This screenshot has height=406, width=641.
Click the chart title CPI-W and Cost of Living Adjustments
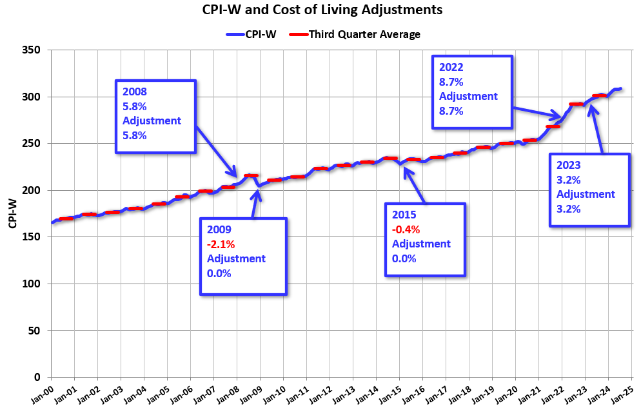320,10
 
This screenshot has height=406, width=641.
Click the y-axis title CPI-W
12,213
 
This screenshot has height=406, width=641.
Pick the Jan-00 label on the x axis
44,392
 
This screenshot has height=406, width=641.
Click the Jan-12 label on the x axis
322,392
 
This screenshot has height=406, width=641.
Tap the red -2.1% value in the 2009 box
221,244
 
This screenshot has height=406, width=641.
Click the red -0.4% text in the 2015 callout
406,229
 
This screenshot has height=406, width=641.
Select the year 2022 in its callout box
451,67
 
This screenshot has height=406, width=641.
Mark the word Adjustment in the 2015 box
421,244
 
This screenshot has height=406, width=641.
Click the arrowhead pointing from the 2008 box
235,174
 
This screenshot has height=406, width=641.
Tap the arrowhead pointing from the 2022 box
560,117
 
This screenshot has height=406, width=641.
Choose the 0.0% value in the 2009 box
219,273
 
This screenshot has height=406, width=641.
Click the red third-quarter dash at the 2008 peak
251,175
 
